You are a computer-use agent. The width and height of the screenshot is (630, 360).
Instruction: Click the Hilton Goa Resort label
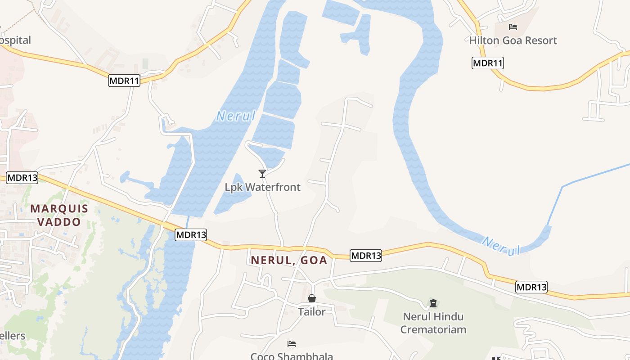(513, 40)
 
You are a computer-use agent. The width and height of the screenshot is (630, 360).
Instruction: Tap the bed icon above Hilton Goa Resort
(513, 27)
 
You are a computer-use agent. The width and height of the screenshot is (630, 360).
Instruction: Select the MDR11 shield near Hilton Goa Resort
(487, 63)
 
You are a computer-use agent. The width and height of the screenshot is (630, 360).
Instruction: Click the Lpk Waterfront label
(262, 187)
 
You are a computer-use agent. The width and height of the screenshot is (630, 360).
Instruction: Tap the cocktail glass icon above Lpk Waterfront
(262, 174)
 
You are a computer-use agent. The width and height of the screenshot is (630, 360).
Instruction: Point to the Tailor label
(311, 311)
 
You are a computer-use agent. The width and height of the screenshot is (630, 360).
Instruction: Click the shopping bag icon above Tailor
(311, 298)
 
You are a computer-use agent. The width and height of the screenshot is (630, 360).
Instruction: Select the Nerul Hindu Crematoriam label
(433, 323)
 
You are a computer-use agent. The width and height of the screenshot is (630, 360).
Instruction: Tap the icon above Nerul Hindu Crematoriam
(433, 303)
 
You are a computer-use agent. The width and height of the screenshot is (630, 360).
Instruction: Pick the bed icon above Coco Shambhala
(292, 344)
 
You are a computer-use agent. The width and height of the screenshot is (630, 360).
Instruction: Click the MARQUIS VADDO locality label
(59, 215)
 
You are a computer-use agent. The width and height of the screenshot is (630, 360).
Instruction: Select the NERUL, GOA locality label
(289, 260)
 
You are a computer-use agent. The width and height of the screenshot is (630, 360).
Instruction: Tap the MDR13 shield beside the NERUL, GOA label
(366, 256)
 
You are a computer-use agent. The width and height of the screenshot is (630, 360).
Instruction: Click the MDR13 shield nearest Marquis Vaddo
(22, 177)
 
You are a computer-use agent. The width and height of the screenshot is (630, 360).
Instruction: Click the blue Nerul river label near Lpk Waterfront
(236, 116)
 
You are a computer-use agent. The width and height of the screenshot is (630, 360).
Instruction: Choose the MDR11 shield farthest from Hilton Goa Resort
(124, 81)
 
